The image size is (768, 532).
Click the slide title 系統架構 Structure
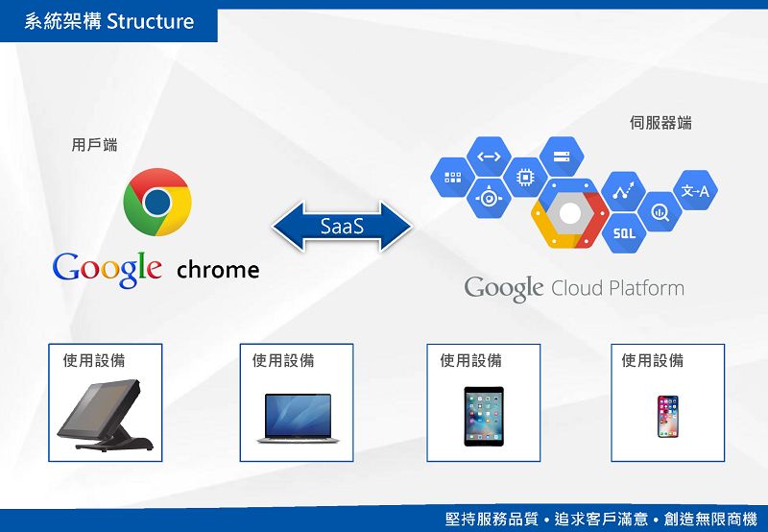click(x=108, y=21)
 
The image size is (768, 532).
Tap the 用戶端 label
click(x=95, y=145)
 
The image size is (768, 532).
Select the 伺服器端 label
click(x=660, y=123)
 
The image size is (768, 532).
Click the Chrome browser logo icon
click(x=157, y=202)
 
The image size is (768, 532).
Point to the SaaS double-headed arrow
click(x=342, y=228)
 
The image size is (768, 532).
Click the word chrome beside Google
click(x=218, y=270)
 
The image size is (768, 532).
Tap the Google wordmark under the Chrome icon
click(x=107, y=268)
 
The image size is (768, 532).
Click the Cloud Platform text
click(x=617, y=288)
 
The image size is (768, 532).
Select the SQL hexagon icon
click(x=624, y=232)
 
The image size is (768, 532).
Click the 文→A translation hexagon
click(x=695, y=191)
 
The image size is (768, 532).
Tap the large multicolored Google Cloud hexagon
click(x=570, y=213)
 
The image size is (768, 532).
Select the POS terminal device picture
click(x=105, y=415)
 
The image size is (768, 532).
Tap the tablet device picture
click(x=483, y=416)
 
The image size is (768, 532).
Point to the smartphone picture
click(x=668, y=416)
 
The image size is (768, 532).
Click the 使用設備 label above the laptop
click(x=283, y=361)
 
